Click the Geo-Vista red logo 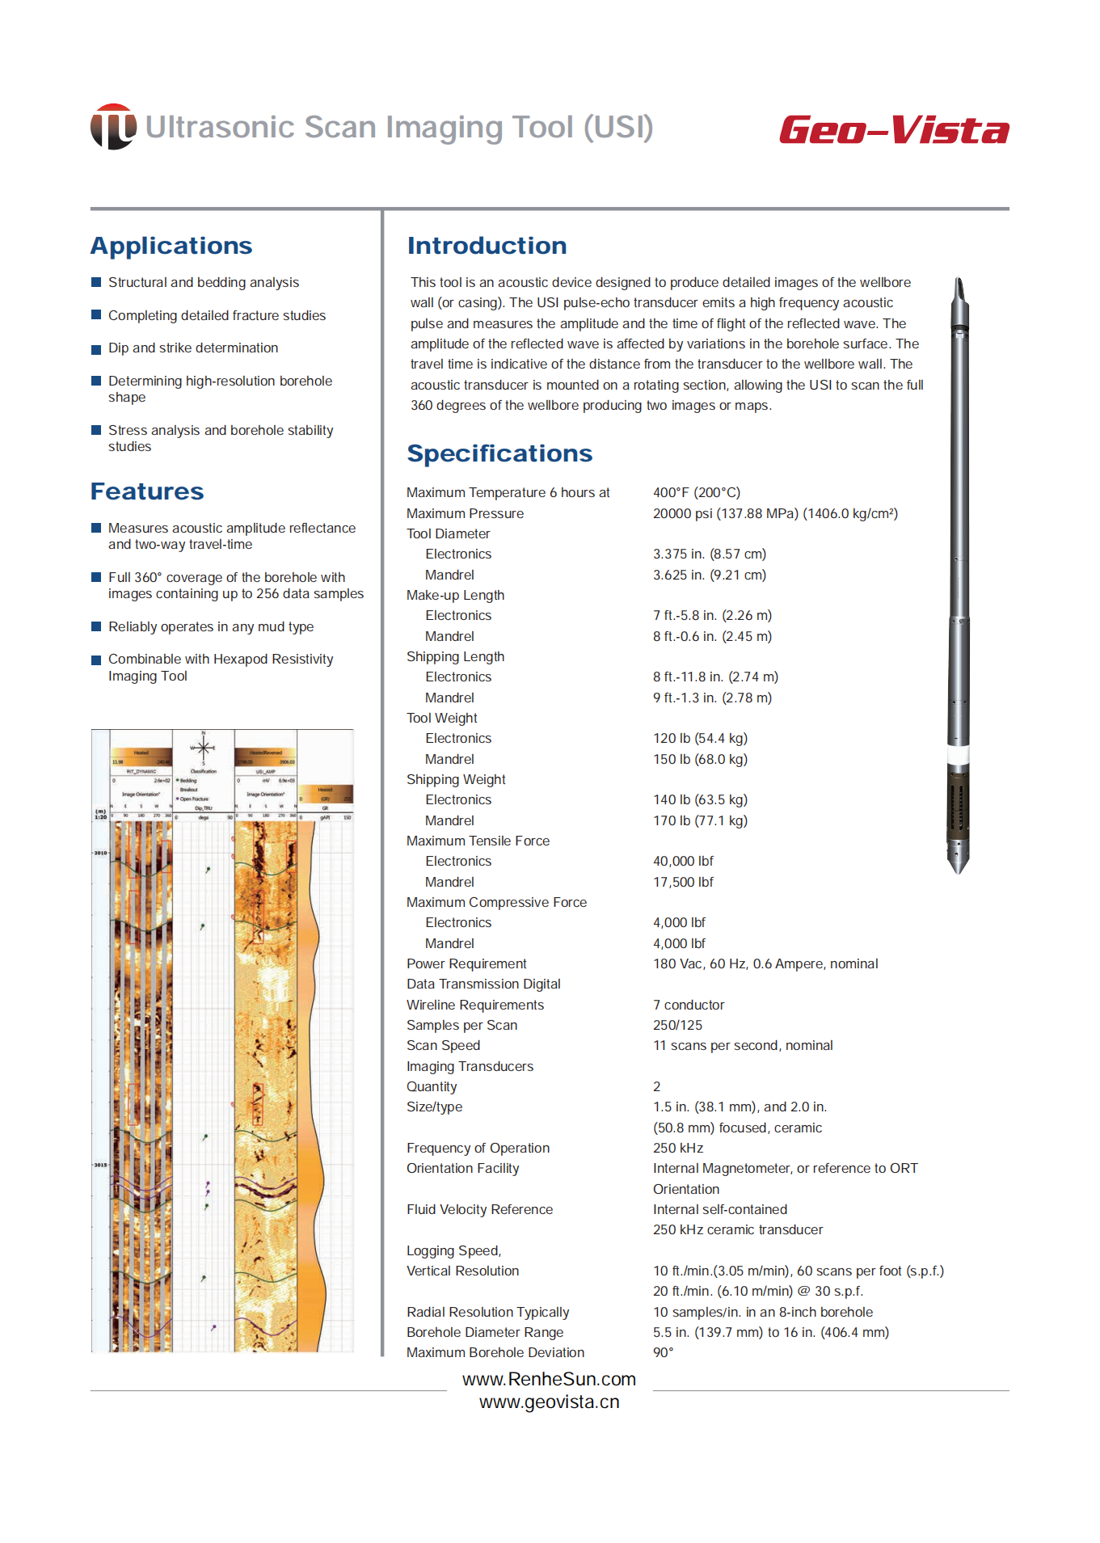pyautogui.click(x=894, y=130)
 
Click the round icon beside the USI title pyautogui.click(x=113, y=127)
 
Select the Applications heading pyautogui.click(x=171, y=246)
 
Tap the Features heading pyautogui.click(x=147, y=491)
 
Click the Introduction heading pyautogui.click(x=487, y=246)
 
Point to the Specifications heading pyautogui.click(x=499, y=453)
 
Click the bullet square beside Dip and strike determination pyautogui.click(x=96, y=348)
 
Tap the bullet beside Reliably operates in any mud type pyautogui.click(x=96, y=626)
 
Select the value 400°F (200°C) pyautogui.click(x=696, y=492)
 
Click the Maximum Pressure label pyautogui.click(x=465, y=513)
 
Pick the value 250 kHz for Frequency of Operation pyautogui.click(x=677, y=1148)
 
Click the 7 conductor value pyautogui.click(x=689, y=1005)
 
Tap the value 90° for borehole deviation pyautogui.click(x=663, y=1352)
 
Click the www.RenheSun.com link pyautogui.click(x=549, y=1379)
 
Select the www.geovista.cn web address pyautogui.click(x=549, y=1402)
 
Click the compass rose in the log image pyautogui.click(x=203, y=748)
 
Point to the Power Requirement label pyautogui.click(x=466, y=963)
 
